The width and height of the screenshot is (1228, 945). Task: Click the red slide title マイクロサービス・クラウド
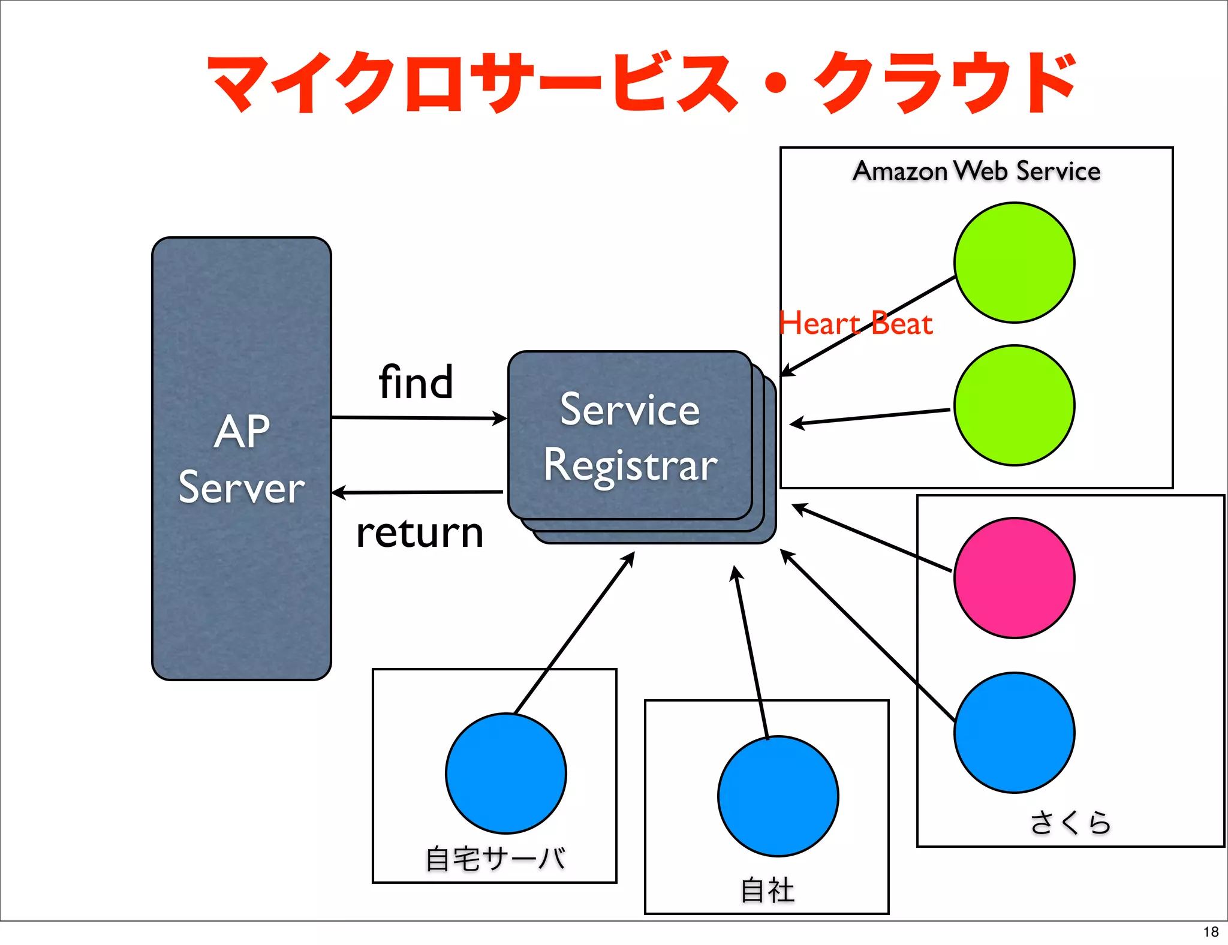642,83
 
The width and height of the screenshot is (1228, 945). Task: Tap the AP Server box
241,458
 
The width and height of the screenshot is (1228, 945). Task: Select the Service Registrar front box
630,435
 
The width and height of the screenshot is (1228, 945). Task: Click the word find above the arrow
416,383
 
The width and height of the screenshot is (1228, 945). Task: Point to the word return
419,532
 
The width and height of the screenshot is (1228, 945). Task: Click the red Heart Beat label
855,324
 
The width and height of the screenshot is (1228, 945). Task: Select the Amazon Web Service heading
976,171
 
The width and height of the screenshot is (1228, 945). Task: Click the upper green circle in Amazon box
1014,263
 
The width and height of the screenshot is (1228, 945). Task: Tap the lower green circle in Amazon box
1014,405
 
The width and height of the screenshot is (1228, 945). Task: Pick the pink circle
1014,578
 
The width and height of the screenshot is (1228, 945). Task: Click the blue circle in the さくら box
1014,733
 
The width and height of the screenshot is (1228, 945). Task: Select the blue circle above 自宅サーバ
505,774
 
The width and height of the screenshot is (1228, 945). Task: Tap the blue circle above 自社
778,796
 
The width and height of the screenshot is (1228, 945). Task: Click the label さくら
1070,822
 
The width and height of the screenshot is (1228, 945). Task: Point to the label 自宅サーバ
495,859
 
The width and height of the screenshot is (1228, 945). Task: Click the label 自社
767,890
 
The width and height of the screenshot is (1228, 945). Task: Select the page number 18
1211,932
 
